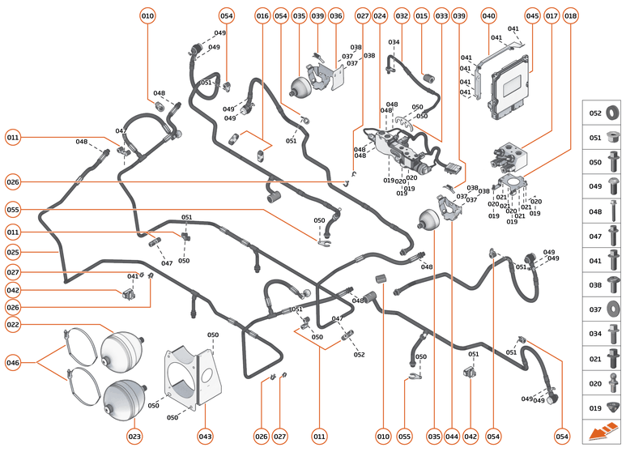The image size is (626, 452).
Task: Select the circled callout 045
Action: (x=532, y=16)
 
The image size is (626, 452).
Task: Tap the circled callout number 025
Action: (x=12, y=253)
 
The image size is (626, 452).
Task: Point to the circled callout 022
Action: (x=12, y=325)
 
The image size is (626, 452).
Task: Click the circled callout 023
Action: (x=134, y=437)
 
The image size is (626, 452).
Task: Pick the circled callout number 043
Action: (x=205, y=437)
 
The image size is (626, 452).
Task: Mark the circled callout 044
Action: (x=452, y=437)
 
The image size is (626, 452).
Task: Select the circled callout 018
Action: (x=572, y=16)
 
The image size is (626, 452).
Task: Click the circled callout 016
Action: (x=262, y=16)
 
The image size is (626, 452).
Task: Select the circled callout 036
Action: (x=335, y=16)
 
